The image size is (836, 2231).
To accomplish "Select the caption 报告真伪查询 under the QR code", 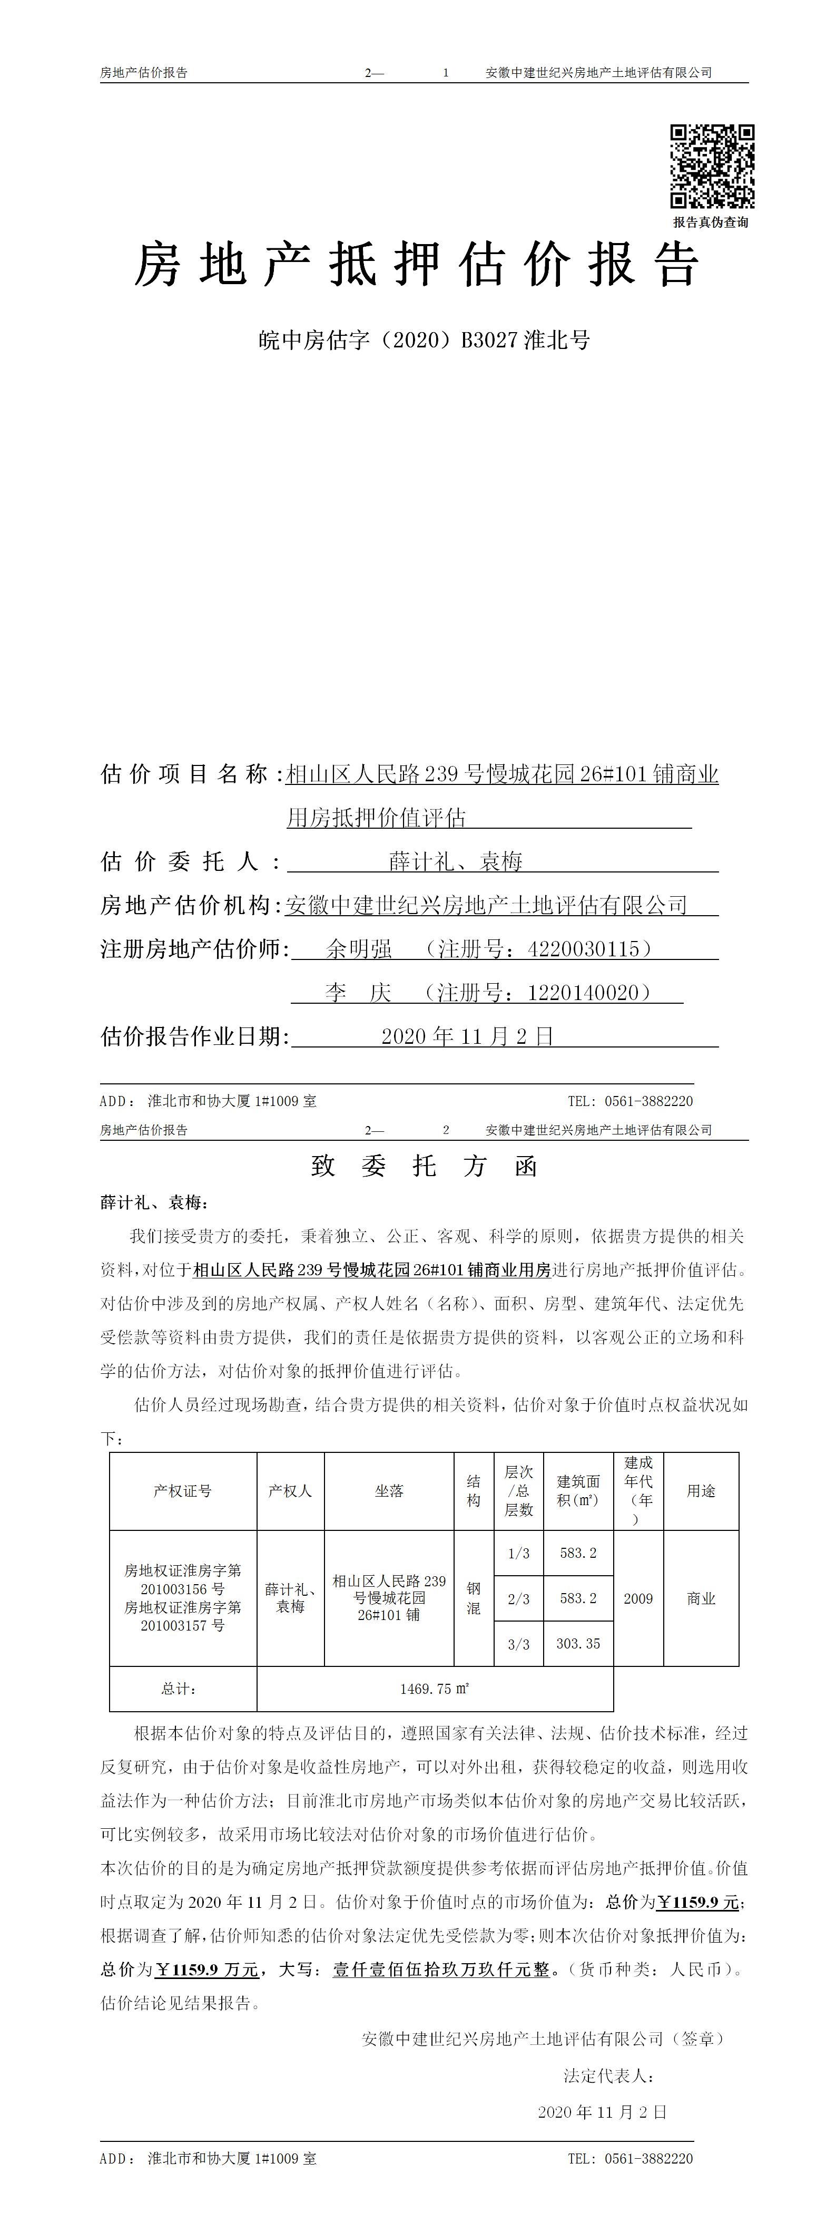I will (711, 222).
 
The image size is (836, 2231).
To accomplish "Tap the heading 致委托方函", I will (424, 1167).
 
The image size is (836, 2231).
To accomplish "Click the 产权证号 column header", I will (183, 1490).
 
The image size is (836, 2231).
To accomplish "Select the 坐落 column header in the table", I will (389, 1490).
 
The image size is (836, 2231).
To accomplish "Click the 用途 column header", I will (701, 1490).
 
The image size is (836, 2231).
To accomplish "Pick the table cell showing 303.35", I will (578, 1643).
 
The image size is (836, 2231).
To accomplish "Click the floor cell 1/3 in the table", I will (518, 1553).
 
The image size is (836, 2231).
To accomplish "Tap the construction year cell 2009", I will (638, 1598).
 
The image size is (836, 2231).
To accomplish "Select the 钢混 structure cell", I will (474, 1598).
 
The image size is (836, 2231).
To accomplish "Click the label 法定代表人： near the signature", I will (609, 2076).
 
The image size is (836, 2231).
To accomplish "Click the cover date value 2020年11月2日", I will (467, 1036).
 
